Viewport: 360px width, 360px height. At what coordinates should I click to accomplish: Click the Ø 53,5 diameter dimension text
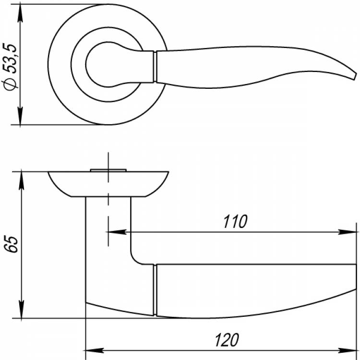pyautogui.click(x=11, y=67)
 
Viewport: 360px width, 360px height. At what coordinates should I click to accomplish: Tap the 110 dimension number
pyautogui.click(x=235, y=222)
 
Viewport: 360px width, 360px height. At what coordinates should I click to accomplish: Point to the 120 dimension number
pyautogui.click(x=227, y=340)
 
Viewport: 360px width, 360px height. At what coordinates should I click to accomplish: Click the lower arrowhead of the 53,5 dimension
pyautogui.click(x=21, y=116)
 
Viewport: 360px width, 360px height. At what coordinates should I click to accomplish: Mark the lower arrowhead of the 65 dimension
pyautogui.click(x=21, y=309)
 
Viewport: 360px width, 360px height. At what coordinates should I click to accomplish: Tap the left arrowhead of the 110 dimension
pyautogui.click(x=117, y=232)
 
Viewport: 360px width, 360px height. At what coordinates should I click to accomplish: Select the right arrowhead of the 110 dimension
pyautogui.click(x=348, y=232)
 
